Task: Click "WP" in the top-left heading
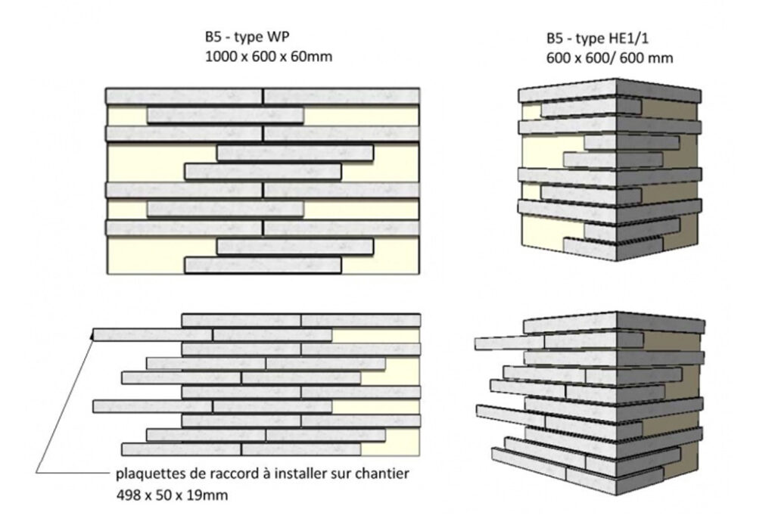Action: coord(278,37)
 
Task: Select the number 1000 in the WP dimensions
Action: coord(221,56)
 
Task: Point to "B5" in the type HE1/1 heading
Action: coord(556,39)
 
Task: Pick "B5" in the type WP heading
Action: coord(214,37)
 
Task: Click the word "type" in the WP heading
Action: coord(248,38)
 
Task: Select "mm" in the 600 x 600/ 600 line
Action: coord(663,58)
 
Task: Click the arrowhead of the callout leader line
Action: coord(92,335)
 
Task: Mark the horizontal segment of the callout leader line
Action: coord(73,474)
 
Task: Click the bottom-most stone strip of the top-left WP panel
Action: coord(263,265)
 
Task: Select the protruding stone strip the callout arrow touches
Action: coord(153,334)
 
